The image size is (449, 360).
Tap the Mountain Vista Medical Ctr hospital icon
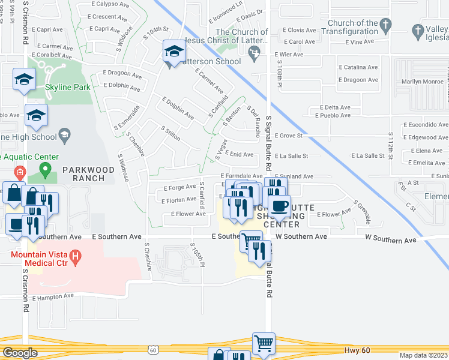pos(76,259)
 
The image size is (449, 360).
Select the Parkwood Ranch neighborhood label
pos(88,174)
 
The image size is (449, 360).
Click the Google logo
pos(20,353)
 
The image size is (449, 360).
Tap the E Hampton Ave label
pos(53,296)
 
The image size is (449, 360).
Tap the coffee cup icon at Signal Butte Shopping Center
pos(279,206)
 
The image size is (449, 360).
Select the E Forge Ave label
pos(180,187)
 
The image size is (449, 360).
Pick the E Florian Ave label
pos(179,200)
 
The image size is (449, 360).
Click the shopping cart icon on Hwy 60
pos(263,344)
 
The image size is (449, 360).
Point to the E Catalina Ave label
pos(358,67)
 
